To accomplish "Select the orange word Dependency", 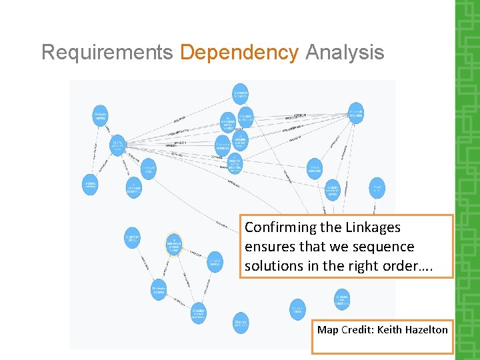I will tap(239, 52).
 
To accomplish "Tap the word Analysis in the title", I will tap(345, 52).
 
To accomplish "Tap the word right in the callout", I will tap(361, 265).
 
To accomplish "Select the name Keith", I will tap(393, 330).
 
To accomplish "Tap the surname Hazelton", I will tap(428, 330).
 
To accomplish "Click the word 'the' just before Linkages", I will tap(331, 227).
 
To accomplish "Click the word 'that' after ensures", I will tap(314, 247).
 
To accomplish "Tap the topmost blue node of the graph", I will tap(241, 94).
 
